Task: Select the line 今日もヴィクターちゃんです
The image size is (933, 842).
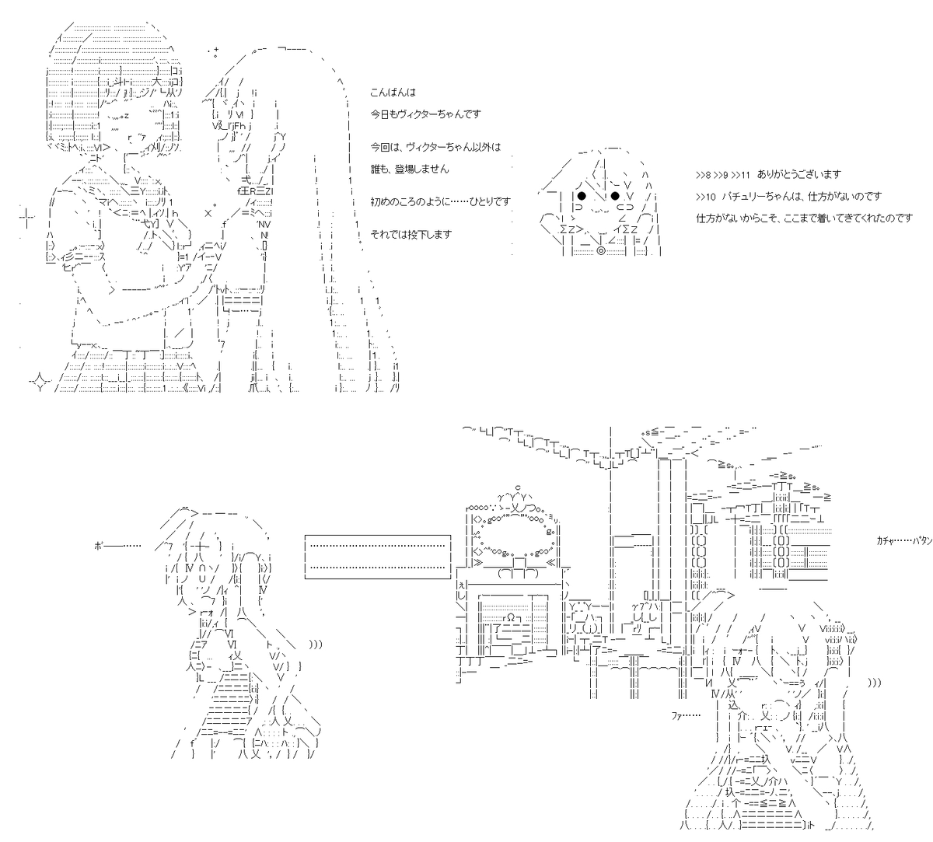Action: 426,114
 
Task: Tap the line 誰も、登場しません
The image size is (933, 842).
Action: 410,169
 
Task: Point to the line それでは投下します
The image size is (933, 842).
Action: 411,234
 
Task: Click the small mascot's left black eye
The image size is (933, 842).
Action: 581,195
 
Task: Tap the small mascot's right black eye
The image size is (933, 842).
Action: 615,195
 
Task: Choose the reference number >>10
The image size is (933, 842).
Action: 706,197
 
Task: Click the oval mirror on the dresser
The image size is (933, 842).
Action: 514,539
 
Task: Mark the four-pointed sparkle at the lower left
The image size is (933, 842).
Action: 40,381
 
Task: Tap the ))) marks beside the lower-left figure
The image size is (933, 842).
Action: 316,644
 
